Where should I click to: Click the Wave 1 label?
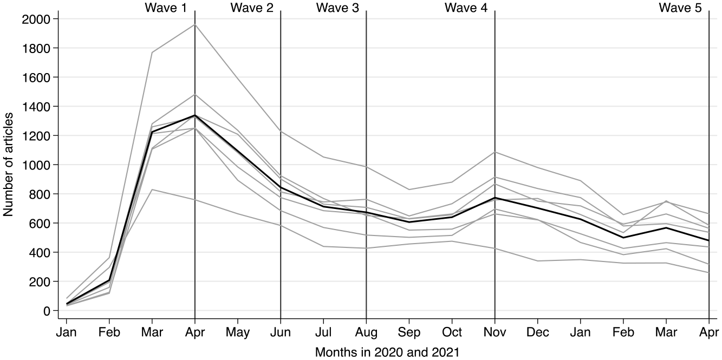tap(166, 8)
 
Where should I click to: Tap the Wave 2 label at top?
tap(252, 8)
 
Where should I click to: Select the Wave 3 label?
tap(337, 8)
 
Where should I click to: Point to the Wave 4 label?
tap(466, 8)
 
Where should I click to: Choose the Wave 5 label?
tap(680, 8)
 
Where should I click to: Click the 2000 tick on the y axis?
tap(36, 19)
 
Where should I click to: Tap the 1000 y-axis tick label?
tap(36, 165)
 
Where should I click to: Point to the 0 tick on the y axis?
tap(47, 311)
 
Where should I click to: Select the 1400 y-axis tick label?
tap(36, 107)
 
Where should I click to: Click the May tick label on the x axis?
tap(238, 332)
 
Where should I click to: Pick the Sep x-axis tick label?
tap(409, 332)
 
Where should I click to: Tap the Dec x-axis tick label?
tap(538, 332)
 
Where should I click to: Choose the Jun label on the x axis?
tap(281, 332)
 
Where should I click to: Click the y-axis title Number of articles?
tap(8, 165)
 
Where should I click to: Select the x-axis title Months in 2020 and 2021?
tap(387, 352)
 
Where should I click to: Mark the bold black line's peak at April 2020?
tap(194, 115)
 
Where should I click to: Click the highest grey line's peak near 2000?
tap(194, 24)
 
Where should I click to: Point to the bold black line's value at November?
tap(495, 198)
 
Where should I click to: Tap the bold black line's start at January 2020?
tap(67, 304)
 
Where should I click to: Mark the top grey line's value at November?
tap(495, 152)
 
